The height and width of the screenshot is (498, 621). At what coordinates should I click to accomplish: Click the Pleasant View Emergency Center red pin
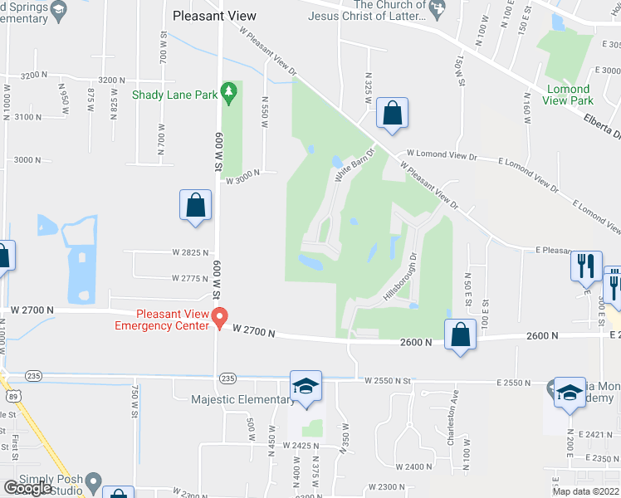pos(220,317)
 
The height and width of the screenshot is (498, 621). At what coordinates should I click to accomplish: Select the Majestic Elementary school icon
pos(306,387)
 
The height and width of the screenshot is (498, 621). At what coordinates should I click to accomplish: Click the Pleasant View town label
pos(214,16)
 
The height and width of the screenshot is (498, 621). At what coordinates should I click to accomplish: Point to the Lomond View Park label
pos(569,94)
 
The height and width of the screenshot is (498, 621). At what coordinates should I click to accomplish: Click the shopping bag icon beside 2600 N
pos(460,334)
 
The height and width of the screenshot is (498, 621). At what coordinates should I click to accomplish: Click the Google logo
pos(27,488)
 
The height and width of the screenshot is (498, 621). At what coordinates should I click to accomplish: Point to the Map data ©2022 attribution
pos(585,491)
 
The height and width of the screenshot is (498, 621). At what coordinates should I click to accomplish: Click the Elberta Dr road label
pos(600,127)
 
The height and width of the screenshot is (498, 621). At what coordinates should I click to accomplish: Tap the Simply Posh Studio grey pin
pos(94,481)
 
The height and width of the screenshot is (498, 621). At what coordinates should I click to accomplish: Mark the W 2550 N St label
pos(388,381)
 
